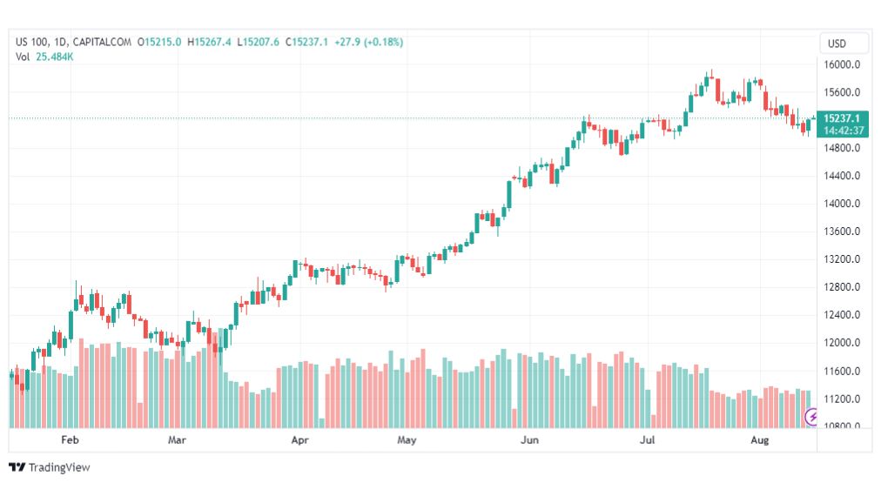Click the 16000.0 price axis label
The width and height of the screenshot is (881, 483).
[843, 64]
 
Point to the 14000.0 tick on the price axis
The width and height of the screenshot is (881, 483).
[843, 204]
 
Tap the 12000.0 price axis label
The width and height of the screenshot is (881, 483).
[843, 343]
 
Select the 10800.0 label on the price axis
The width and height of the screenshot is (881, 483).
[843, 426]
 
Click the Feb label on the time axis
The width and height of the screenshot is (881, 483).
[71, 440]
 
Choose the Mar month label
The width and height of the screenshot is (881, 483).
[178, 440]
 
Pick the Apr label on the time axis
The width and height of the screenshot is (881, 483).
[300, 440]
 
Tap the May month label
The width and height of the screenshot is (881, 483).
[407, 440]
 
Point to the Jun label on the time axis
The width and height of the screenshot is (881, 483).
[528, 440]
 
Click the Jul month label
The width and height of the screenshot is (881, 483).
[648, 440]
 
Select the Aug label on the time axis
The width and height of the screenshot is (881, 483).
[760, 440]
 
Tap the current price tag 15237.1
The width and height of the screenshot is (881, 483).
[843, 118]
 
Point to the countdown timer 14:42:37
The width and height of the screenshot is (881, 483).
[844, 131]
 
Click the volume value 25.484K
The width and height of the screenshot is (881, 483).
[55, 57]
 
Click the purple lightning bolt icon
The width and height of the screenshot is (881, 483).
[813, 417]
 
